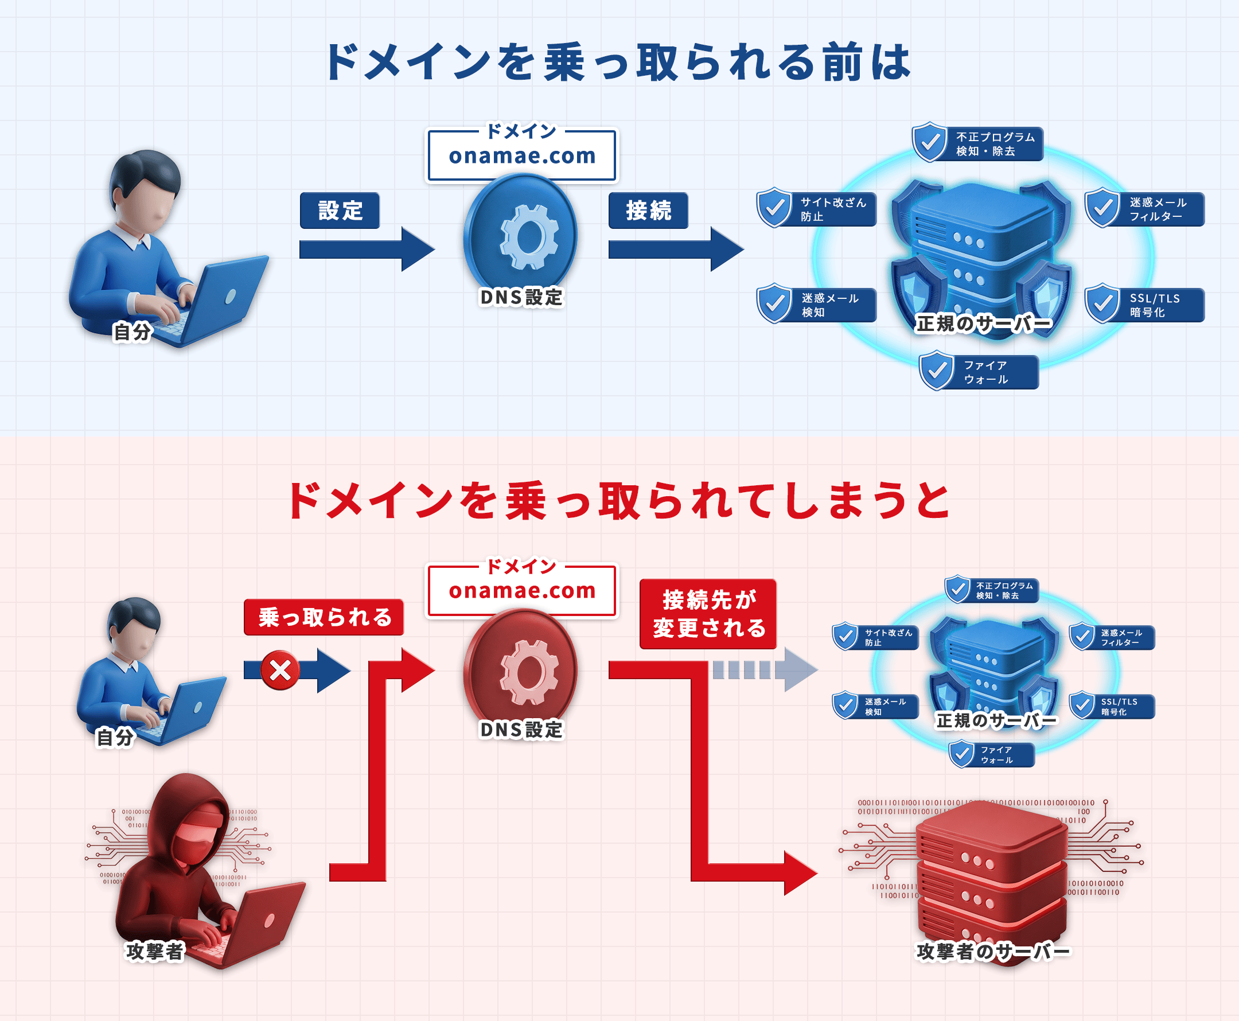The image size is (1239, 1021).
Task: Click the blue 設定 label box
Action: (340, 211)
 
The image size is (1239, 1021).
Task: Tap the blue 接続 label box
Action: (648, 211)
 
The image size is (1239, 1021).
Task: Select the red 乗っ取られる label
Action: (324, 617)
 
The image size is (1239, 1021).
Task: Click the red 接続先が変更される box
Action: (708, 614)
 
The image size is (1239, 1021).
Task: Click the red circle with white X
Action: (280, 670)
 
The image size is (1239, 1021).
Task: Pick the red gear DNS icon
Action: (521, 671)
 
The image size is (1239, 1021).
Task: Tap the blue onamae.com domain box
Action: (521, 156)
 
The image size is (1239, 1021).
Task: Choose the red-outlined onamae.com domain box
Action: (521, 590)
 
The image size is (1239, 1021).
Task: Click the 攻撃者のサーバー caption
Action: (992, 951)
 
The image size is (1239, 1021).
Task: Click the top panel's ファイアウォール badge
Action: (979, 372)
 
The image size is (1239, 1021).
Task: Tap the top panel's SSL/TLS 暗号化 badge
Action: (1144, 305)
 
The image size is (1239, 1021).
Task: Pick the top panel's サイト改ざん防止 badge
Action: (817, 209)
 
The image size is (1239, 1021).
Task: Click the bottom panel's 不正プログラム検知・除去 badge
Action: (992, 590)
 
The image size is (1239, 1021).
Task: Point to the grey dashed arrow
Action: (765, 670)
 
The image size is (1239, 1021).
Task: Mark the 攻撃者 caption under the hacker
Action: (155, 951)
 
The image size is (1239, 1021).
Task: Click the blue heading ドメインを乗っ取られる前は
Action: (618, 63)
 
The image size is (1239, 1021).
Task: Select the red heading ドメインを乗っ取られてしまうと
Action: (618, 501)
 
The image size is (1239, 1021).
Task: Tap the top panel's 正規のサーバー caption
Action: (984, 324)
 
